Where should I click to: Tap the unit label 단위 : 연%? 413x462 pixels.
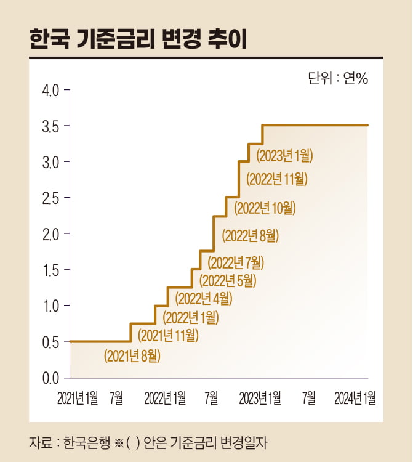click(337, 78)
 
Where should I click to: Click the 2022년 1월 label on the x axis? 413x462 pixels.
click(166, 398)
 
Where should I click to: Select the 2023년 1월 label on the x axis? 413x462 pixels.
click(260, 398)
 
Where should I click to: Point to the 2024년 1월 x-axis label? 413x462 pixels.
click(355, 398)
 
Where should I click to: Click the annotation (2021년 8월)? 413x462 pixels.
click(132, 355)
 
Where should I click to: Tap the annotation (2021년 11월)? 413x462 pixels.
click(167, 336)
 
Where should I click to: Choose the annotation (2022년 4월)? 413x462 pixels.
click(204, 299)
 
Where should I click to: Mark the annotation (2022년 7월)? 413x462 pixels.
click(236, 262)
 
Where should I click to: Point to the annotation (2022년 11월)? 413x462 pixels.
click(276, 179)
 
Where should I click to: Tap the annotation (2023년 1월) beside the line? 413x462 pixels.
click(284, 155)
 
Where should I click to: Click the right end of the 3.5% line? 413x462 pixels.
click(367, 125)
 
